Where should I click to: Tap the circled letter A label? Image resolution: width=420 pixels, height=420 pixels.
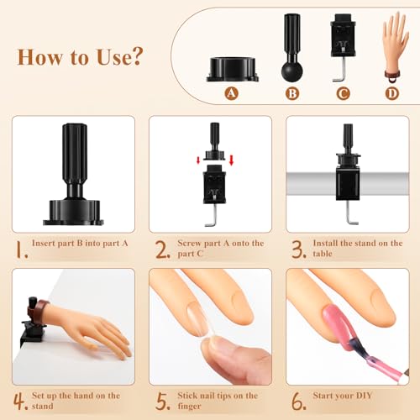(233, 94)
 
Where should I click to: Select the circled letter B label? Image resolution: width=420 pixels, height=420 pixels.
(292, 94)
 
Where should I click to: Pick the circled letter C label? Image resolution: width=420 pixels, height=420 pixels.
(343, 94)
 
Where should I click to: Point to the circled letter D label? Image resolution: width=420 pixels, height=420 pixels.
(391, 94)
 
